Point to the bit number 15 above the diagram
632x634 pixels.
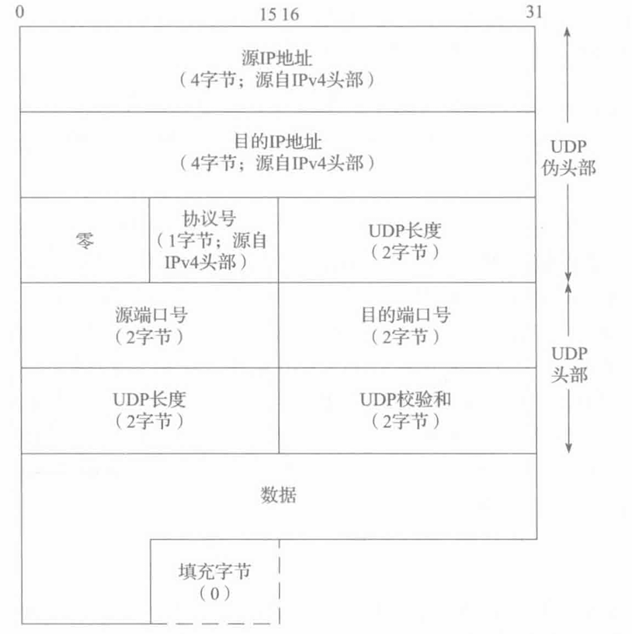pos(269,13)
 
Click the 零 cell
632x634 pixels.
pos(84,240)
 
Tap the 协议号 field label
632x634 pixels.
pos(214,218)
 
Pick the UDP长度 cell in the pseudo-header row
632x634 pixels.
pos(407,231)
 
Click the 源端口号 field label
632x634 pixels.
pos(149,315)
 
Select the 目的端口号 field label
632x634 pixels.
pos(406,315)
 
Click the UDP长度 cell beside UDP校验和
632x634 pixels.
pos(149,400)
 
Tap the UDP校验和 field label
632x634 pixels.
pos(406,400)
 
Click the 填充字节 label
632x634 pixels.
pos(214,571)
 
